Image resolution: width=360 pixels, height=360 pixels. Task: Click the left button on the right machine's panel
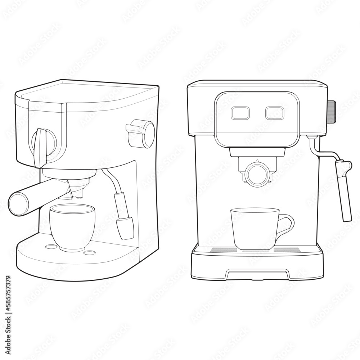coord(240,113)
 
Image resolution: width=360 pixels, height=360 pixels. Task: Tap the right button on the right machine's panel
coord(275,113)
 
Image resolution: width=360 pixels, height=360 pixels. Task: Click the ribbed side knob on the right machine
coord(332,112)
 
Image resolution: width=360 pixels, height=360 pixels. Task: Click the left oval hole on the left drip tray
coord(51,247)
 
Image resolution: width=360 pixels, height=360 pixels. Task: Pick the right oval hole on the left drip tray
coord(89,252)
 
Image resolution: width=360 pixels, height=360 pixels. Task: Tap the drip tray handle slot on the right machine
coord(257,274)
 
